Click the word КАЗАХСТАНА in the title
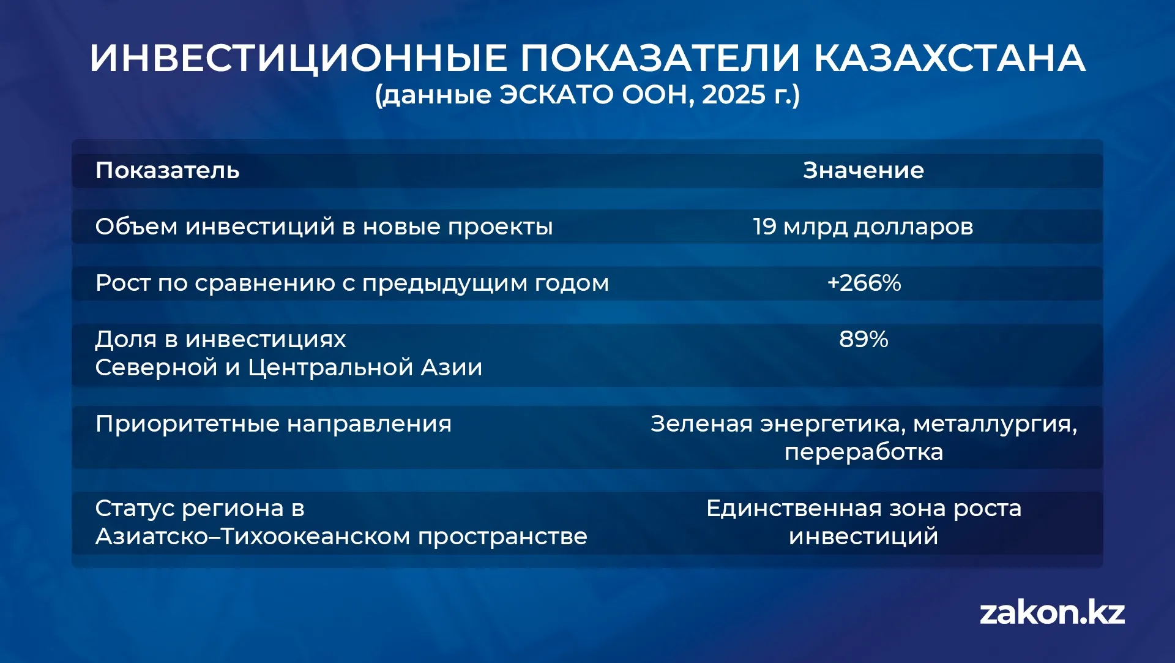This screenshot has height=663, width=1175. point(949,58)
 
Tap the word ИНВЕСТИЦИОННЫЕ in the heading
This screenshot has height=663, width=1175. point(298,59)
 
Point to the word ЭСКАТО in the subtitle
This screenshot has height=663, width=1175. point(556,95)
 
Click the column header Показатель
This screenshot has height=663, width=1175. point(167,170)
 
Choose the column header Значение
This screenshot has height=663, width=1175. point(864,170)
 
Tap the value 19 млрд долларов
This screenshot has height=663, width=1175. point(863,227)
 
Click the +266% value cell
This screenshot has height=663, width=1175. point(864,283)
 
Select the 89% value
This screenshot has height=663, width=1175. point(864,339)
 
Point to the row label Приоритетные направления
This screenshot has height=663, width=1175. point(274,424)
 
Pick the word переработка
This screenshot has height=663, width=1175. point(864,452)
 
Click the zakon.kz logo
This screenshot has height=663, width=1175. point(1052,613)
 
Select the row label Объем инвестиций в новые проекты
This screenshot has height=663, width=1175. point(324,227)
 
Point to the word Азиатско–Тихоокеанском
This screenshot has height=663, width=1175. point(253,536)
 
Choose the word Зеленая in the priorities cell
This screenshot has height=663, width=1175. point(701,424)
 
